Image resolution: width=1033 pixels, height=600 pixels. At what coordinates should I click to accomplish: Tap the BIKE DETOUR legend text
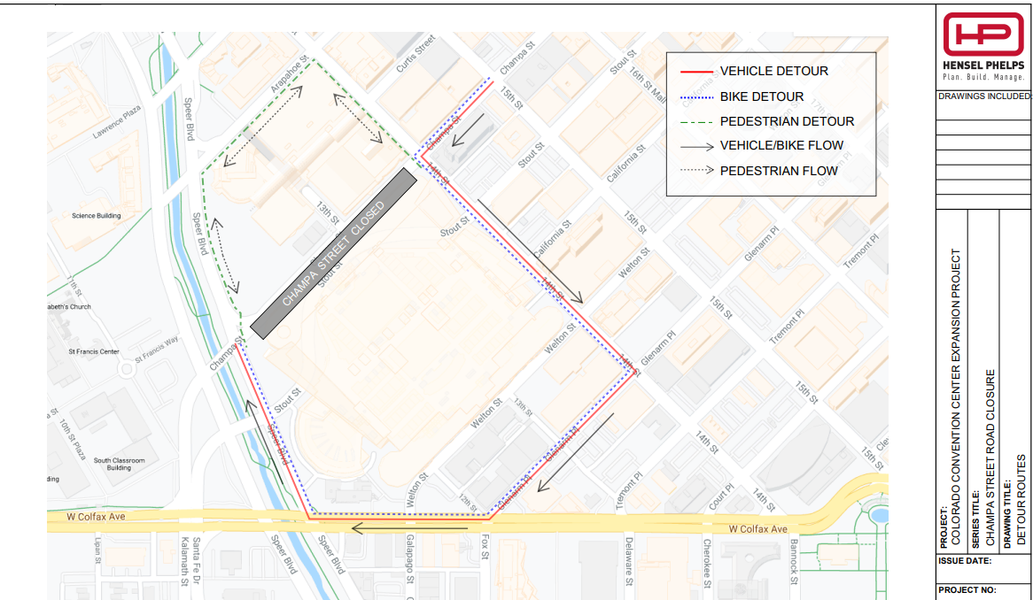(x=761, y=96)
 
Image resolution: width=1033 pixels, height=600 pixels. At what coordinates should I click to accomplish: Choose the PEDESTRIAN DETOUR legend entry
(x=786, y=121)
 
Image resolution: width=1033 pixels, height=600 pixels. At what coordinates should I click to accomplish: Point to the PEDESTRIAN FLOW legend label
(x=778, y=171)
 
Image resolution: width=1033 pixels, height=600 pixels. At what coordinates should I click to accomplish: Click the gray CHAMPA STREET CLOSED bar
(x=333, y=253)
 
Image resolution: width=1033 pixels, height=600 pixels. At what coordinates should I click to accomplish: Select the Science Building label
(x=96, y=216)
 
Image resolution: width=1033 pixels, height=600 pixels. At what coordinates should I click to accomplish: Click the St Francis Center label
(x=93, y=351)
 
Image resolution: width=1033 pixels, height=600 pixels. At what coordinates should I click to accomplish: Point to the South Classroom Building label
(x=119, y=464)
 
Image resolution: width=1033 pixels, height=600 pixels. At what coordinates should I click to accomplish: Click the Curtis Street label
(x=416, y=52)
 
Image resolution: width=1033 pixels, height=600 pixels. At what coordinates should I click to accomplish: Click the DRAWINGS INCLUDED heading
(x=983, y=96)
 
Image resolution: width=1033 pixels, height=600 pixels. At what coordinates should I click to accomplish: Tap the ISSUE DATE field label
(x=965, y=561)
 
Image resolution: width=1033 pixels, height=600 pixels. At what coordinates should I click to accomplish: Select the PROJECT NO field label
(x=967, y=589)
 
